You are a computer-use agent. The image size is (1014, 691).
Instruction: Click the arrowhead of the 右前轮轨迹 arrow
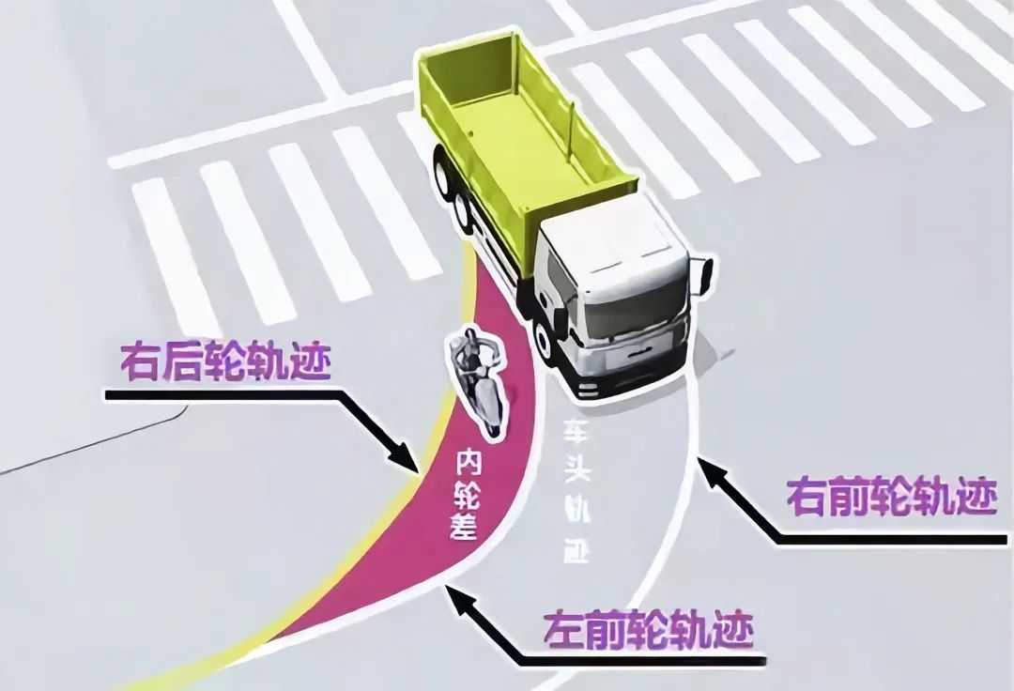(x=704, y=467)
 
